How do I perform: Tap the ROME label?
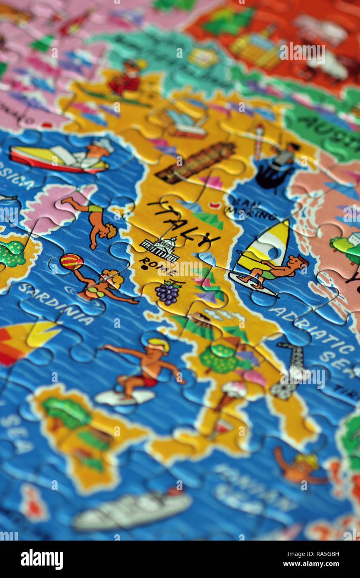tap(157, 267)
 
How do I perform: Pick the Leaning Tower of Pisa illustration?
tap(196, 163)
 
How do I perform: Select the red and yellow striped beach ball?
tap(72, 262)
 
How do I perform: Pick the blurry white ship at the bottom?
tap(133, 510)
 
